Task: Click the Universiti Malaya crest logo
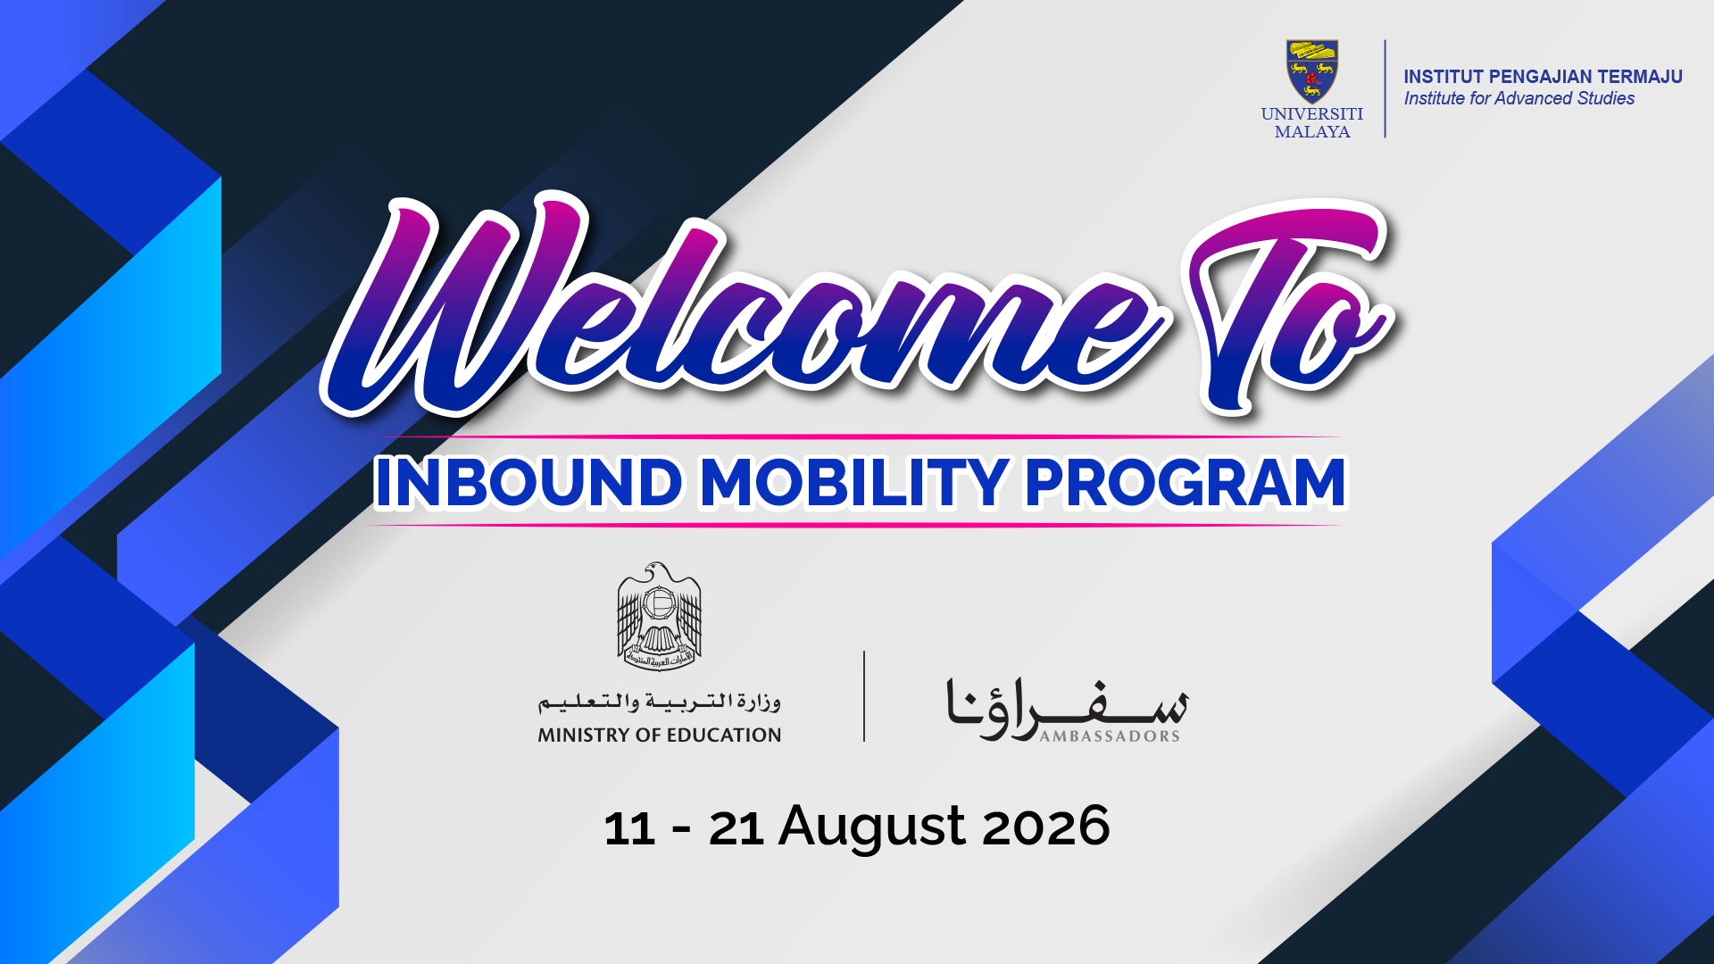[x=1311, y=71]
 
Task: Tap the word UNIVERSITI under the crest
[x=1311, y=114]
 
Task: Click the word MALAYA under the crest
[x=1312, y=132]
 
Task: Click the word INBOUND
[x=529, y=483]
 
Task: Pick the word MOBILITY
[x=855, y=483]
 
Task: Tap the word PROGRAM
[x=1186, y=483]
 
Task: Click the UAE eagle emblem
[x=660, y=617]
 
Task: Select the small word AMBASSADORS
[x=1110, y=736]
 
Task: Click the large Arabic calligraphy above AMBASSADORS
[x=1068, y=709]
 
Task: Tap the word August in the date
[x=871, y=827]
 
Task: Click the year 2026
[x=1046, y=827]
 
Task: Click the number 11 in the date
[x=630, y=828]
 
